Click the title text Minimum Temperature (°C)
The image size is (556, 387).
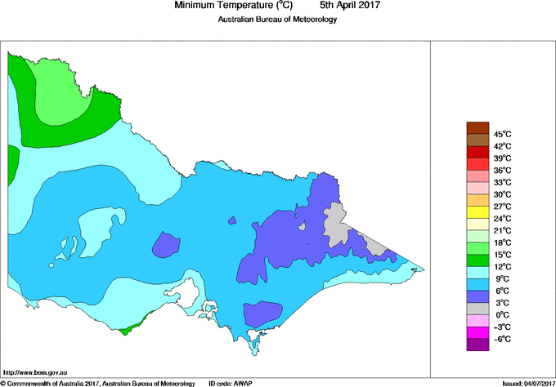pos(230,6)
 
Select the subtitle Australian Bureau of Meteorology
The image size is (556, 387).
pos(277,20)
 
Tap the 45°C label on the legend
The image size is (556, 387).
pos(502,134)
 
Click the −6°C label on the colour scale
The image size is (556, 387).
pos(501,339)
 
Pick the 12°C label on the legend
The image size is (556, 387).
pos(502,267)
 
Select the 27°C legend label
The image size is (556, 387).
pos(502,207)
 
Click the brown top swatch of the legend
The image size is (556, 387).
pos(477,127)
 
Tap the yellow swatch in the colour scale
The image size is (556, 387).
pos(477,212)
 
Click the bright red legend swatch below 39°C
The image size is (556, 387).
pos(477,163)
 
